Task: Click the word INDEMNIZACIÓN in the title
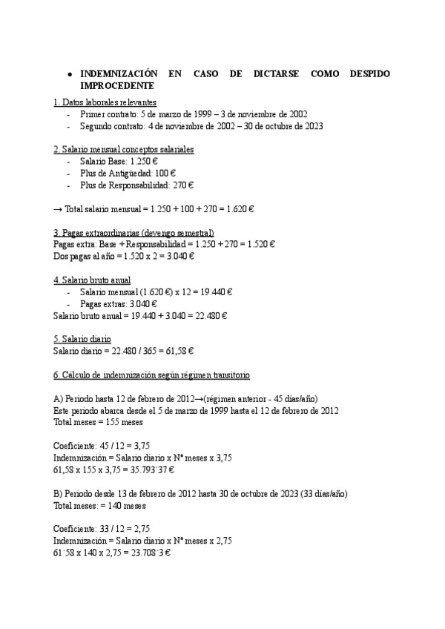pos(119,75)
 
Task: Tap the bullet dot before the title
pos(69,76)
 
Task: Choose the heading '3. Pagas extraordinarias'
pos(133,232)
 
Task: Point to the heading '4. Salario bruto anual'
pos(92,280)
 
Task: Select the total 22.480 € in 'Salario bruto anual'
pos(210,315)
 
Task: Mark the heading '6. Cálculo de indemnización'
pos(152,375)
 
